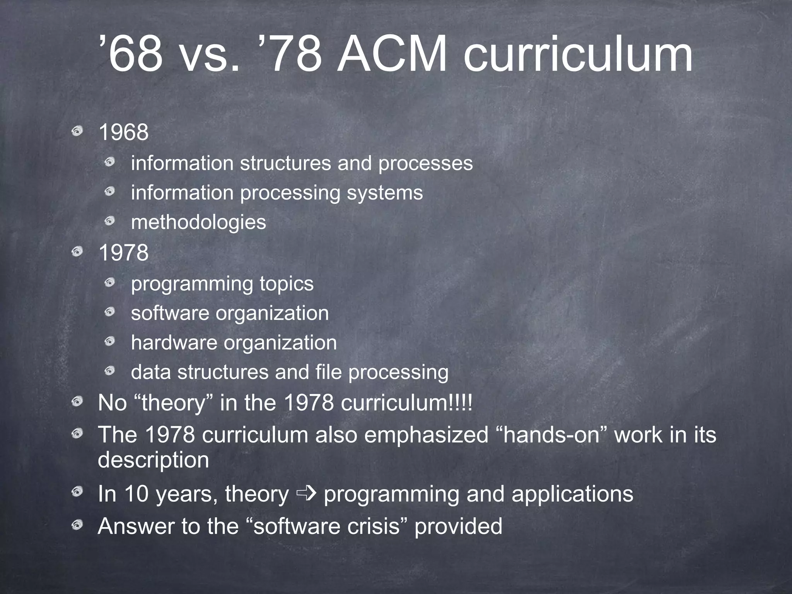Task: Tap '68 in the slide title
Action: point(131,55)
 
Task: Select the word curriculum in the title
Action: point(578,55)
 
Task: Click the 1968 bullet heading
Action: point(124,132)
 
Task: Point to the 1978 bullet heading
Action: point(124,253)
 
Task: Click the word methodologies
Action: point(198,222)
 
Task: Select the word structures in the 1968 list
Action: point(285,163)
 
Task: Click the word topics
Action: point(286,283)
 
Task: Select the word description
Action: point(153,460)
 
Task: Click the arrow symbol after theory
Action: point(306,493)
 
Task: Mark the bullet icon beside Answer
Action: point(77,524)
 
